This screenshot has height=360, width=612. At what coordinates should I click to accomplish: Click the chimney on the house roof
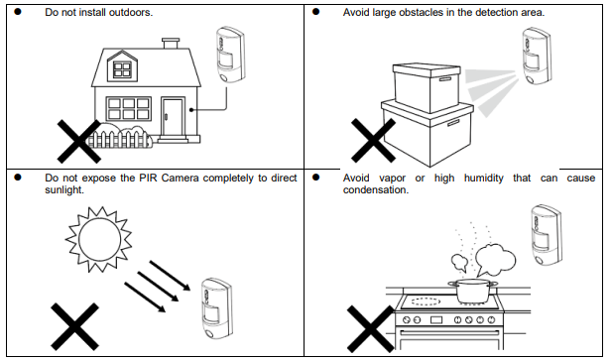(x=171, y=43)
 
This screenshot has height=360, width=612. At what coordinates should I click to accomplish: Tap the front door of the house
(x=173, y=117)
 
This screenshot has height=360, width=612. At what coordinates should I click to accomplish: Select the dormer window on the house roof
(x=122, y=69)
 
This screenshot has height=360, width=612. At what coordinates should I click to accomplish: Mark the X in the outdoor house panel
(x=78, y=141)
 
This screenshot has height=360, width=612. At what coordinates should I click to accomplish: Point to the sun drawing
(x=99, y=239)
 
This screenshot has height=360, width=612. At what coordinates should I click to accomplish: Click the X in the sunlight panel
(x=74, y=326)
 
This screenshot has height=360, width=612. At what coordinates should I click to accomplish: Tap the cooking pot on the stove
(x=473, y=291)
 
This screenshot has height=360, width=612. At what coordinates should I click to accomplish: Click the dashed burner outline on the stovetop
(x=426, y=301)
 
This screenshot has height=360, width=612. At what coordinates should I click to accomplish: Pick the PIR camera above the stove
(x=547, y=235)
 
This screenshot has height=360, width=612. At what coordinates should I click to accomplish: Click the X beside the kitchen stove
(x=370, y=328)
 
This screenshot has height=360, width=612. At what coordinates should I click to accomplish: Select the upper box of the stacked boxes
(x=427, y=88)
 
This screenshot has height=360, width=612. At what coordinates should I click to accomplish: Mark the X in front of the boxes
(x=373, y=141)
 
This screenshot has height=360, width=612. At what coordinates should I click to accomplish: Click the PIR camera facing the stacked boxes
(x=537, y=56)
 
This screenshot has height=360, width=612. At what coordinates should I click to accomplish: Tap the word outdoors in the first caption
(x=130, y=13)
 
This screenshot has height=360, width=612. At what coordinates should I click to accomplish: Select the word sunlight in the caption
(x=64, y=190)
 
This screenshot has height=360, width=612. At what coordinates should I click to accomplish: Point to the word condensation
(x=376, y=190)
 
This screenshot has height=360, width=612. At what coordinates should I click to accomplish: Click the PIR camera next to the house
(x=231, y=55)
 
